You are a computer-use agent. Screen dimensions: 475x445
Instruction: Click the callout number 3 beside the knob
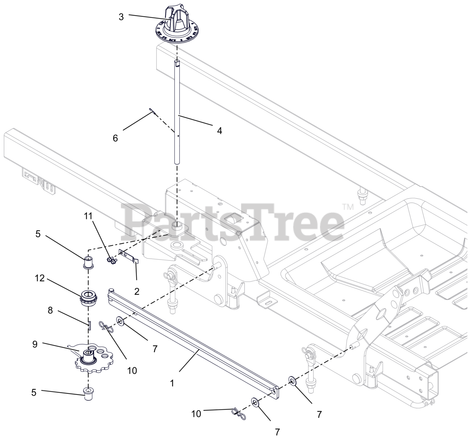tap(121, 17)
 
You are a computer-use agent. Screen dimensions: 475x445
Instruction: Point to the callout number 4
tap(219, 131)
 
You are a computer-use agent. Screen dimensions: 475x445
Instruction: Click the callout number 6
tap(115, 138)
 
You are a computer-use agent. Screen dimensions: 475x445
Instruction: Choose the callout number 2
tap(137, 291)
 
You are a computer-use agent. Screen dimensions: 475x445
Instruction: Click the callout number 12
tap(40, 278)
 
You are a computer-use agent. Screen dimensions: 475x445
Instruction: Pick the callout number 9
tap(35, 344)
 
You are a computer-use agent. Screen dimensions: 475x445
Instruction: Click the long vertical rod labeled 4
tap(177, 111)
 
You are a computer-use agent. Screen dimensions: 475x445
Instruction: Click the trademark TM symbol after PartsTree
tap(348, 206)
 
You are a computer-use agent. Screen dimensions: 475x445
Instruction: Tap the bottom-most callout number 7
tap(277, 432)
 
